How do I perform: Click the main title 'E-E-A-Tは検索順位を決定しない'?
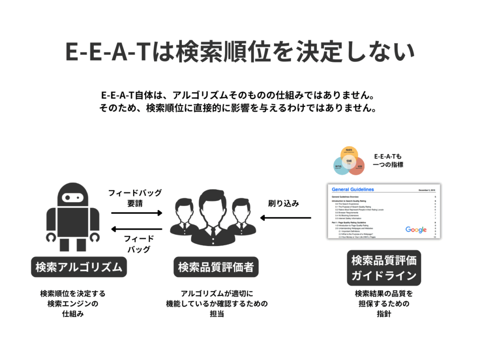point(240,52)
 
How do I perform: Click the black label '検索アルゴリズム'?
point(79,267)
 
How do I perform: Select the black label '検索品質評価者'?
point(216,267)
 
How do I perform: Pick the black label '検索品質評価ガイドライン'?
point(384,268)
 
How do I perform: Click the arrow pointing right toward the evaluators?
point(136,213)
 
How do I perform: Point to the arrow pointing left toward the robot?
point(136,229)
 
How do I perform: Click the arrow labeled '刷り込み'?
point(286,217)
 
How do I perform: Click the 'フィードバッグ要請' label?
point(135,198)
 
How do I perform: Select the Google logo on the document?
point(416,229)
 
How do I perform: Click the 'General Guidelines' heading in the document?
point(353,189)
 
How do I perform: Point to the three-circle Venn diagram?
point(349,161)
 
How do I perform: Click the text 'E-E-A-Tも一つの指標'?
point(388,160)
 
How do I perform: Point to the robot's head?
point(73,194)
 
